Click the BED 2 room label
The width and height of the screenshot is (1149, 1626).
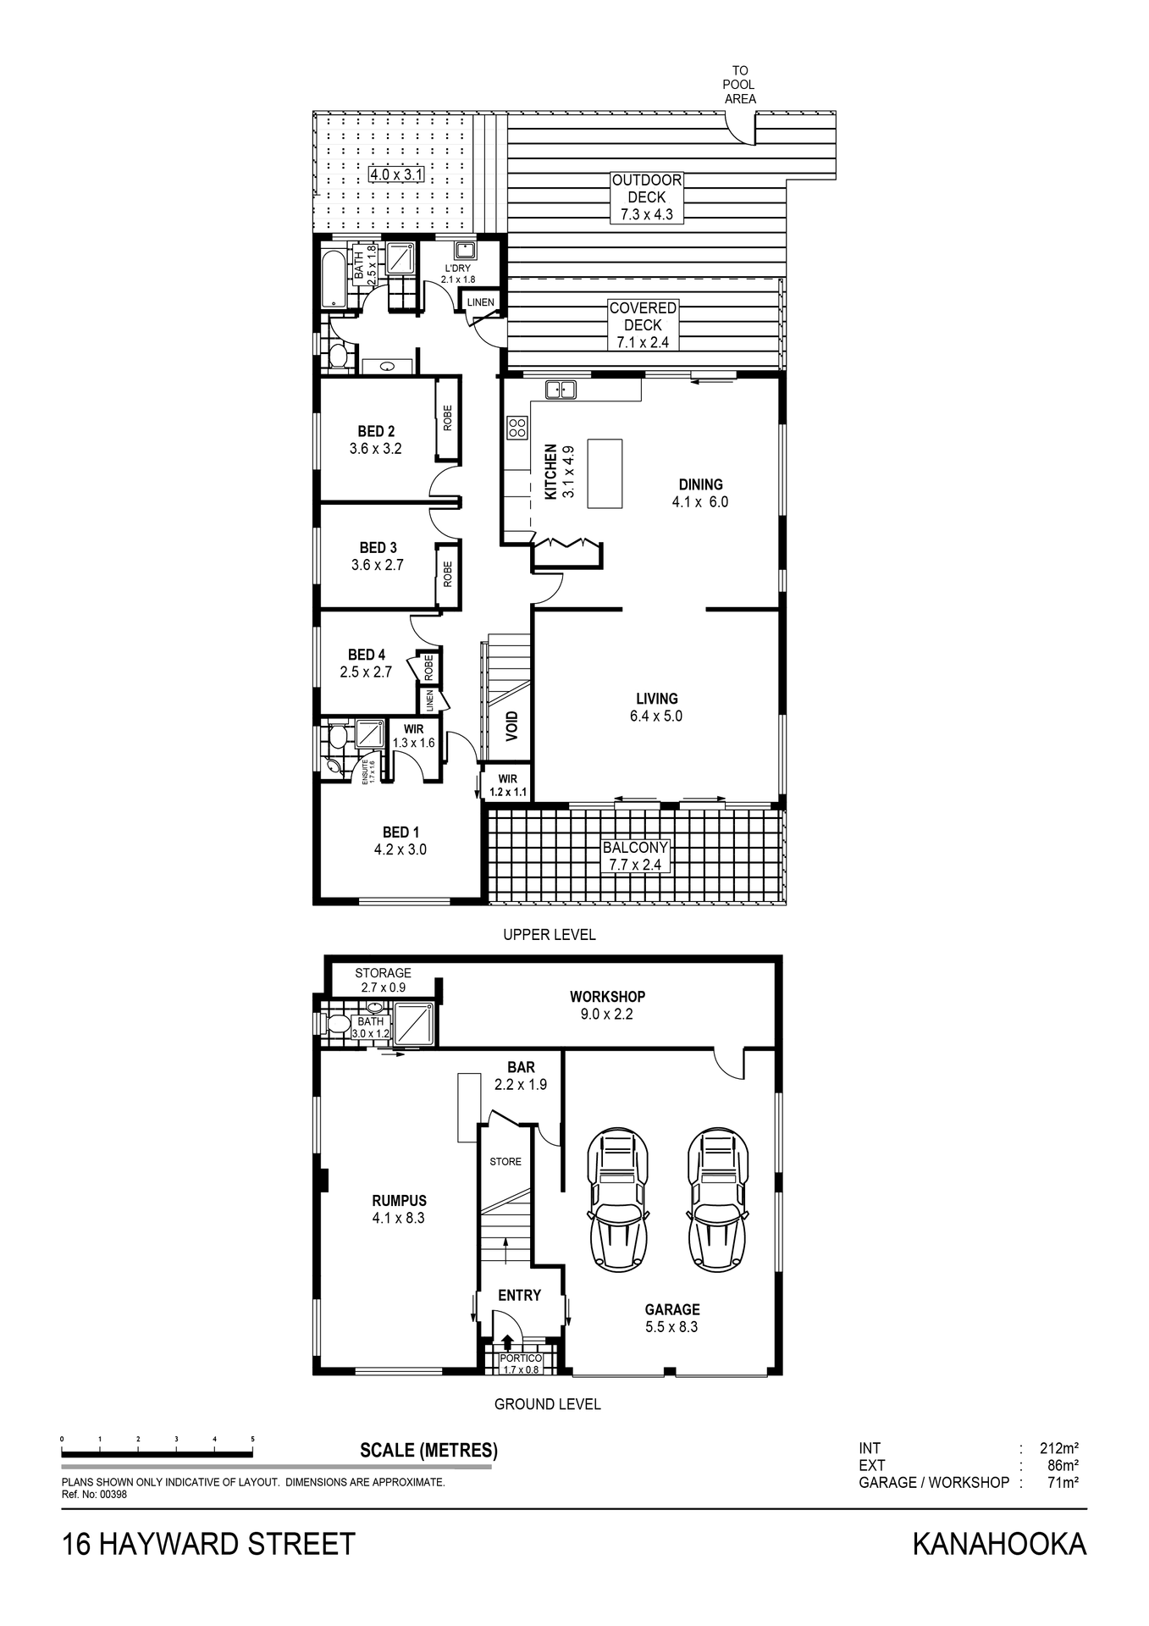(376, 431)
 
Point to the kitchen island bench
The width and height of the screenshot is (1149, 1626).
(605, 473)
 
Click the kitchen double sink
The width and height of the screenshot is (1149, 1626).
(561, 390)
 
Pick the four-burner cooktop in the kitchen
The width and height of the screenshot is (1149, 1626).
(516, 428)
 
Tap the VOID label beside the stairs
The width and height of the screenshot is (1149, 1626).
(511, 727)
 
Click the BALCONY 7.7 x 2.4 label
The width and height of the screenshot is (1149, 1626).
(635, 856)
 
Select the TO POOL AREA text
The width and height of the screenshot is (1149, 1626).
(740, 85)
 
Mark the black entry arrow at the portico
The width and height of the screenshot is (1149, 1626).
(507, 1341)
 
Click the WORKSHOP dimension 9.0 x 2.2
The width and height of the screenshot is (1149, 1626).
(607, 1014)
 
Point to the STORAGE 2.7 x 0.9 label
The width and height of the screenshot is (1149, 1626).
(383, 980)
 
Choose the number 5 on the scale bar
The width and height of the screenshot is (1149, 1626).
(252, 1439)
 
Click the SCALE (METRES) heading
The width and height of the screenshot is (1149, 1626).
(428, 1450)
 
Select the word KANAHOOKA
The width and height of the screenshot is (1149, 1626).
(999, 1544)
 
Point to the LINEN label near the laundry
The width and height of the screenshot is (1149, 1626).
(480, 302)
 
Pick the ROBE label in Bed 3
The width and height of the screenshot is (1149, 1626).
(447, 574)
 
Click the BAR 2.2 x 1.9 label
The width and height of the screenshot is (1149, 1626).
(521, 1076)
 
